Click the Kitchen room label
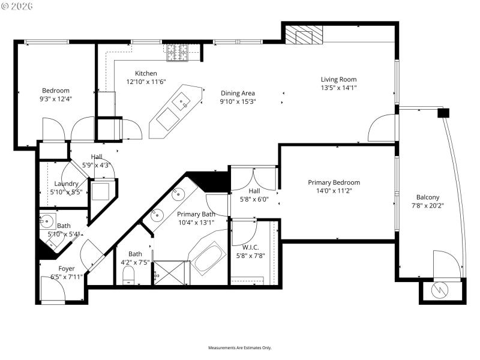pyautogui.click(x=146, y=73)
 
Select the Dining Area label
pyautogui.click(x=238, y=93)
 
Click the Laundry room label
pyautogui.click(x=66, y=184)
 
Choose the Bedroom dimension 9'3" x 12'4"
pyautogui.click(x=55, y=99)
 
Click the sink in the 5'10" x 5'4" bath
pyautogui.click(x=47, y=220)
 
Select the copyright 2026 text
pyautogui.click(x=17, y=5)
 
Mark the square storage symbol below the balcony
pyautogui.click(x=441, y=290)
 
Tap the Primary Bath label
pyautogui.click(x=196, y=214)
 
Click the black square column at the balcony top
pyautogui.click(x=443, y=112)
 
